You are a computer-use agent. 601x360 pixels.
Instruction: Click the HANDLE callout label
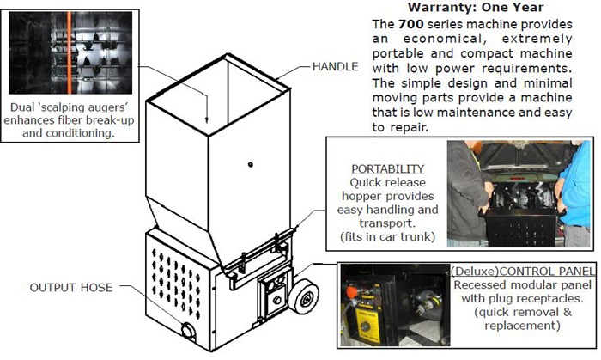[335, 67]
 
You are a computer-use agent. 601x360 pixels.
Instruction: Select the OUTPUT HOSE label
[71, 288]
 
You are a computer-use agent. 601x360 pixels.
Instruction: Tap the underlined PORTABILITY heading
[387, 168]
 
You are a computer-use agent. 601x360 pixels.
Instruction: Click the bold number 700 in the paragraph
[411, 24]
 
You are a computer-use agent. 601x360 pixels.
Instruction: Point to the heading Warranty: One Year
[476, 7]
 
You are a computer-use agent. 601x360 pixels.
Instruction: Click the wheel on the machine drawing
[303, 296]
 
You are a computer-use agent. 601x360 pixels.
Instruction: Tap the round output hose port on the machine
[188, 331]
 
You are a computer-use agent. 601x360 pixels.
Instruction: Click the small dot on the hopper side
[251, 164]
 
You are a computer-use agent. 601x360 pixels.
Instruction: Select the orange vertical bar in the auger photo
[70, 52]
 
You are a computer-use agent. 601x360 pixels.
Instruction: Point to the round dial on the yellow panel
[366, 326]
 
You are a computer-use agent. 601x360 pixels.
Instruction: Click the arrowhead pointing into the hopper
[207, 119]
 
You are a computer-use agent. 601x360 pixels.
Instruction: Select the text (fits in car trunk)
[387, 236]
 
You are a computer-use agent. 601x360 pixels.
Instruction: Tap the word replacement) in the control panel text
[522, 326]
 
